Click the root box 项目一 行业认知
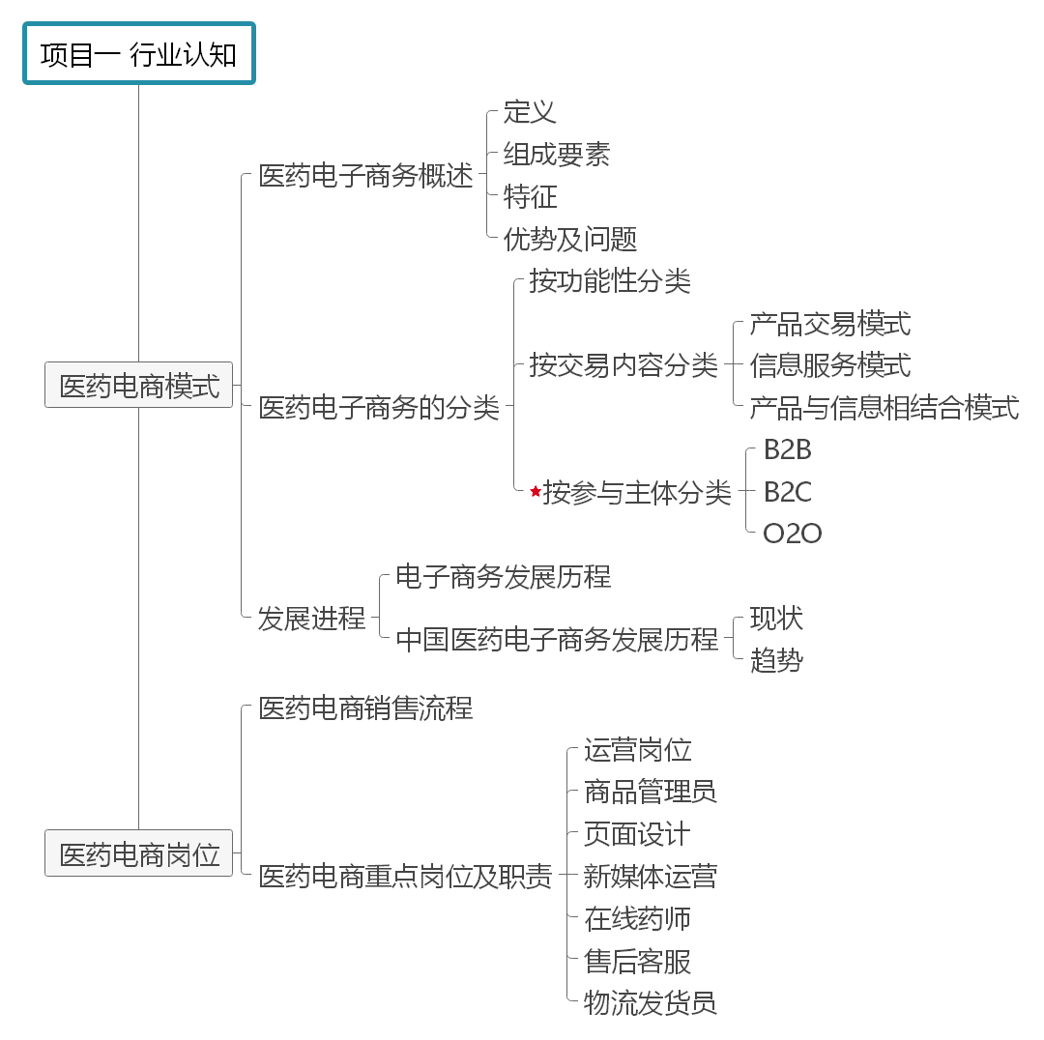pos(138,54)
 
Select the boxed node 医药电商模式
pos(139,386)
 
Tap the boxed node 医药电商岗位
pos(139,853)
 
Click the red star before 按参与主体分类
pos(536,492)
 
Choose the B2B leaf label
pos(787,450)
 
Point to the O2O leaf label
pos(792,534)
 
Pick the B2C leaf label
pos(787,492)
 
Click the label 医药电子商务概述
pos(365,176)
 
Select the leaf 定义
pos(530,112)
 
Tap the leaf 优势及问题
pos(570,239)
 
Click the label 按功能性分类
pos(610,281)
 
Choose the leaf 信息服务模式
pos(829,365)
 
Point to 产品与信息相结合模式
pos(884,408)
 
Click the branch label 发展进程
pos(311,619)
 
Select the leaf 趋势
pos(776,661)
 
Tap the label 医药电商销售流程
pos(365,708)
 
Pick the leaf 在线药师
pos(637,919)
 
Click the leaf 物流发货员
pos(650,1003)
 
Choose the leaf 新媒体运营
pos(650,877)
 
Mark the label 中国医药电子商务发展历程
pos(557,640)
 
